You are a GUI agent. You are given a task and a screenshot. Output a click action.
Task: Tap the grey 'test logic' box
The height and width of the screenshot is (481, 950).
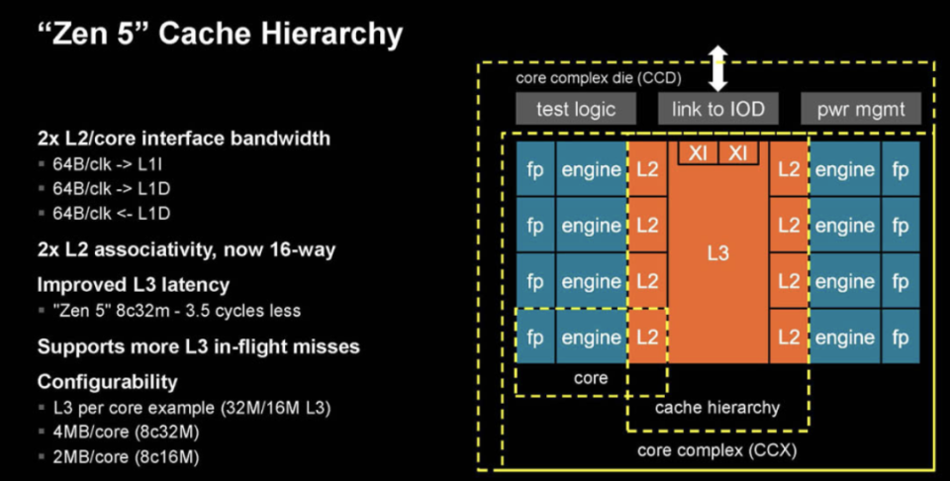tap(575, 109)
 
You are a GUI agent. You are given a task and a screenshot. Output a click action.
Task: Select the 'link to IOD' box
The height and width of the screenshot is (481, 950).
tap(717, 109)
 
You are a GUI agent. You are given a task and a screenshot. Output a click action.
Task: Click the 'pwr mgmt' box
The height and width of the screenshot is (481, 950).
tap(860, 109)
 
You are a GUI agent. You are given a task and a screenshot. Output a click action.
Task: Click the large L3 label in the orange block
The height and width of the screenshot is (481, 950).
tap(717, 253)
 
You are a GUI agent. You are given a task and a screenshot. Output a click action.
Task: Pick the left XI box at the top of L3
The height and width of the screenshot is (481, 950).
tap(697, 152)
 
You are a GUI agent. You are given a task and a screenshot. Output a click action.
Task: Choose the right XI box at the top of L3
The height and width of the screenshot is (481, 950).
tap(737, 152)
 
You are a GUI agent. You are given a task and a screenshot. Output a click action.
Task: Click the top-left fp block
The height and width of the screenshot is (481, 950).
tap(534, 169)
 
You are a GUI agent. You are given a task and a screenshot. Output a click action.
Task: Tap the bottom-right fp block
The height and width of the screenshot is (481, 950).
tap(901, 337)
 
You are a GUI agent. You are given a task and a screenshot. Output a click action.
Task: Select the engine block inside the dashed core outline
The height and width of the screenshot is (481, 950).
tap(591, 337)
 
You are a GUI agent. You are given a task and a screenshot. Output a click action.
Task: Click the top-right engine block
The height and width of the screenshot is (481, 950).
tap(844, 169)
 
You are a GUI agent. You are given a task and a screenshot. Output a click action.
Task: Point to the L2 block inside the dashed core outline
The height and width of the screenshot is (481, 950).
tap(647, 337)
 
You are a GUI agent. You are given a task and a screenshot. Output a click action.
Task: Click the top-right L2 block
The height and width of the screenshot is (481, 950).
tap(789, 169)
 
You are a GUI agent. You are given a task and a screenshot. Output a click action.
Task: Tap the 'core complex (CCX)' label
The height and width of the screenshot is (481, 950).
tap(716, 451)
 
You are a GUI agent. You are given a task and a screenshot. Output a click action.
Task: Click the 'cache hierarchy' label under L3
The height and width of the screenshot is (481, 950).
tap(717, 407)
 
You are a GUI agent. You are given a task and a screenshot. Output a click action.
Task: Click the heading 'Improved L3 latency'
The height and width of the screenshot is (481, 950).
tap(133, 285)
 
